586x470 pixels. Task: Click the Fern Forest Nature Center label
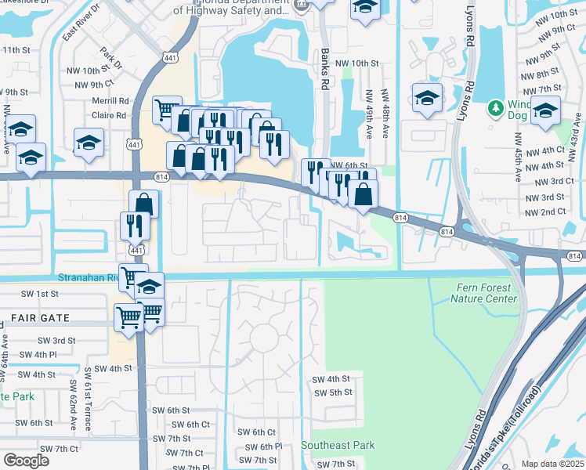[486, 293]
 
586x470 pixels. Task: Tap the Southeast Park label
[338, 445]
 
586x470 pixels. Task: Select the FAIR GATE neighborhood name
[40, 318]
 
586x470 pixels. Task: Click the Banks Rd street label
[325, 65]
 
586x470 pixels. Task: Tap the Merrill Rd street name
[110, 101]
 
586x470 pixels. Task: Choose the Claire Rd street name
[109, 115]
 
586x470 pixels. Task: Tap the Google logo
[26, 461]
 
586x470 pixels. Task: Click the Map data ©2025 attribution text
[552, 464]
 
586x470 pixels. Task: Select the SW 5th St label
[332, 392]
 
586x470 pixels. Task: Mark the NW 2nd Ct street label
[545, 212]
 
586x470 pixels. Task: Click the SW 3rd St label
[56, 341]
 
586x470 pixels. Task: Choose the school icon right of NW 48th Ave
[426, 98]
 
